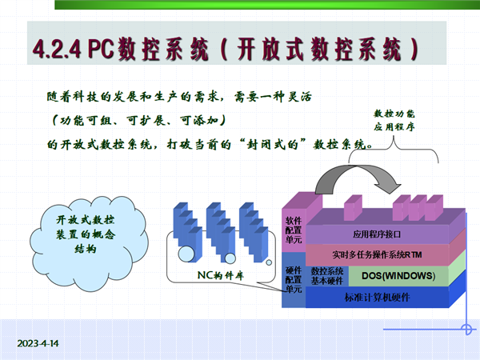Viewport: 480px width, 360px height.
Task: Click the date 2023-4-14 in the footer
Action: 38,343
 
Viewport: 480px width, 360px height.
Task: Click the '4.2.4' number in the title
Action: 57,49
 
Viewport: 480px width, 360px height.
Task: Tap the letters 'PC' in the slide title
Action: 101,48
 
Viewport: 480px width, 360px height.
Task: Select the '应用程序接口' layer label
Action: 377,234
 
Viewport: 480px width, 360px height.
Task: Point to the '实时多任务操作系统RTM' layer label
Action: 377,254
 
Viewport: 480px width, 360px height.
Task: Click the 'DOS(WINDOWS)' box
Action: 398,276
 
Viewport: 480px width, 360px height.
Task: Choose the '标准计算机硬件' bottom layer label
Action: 377,298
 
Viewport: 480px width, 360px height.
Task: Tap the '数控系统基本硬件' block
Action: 327,276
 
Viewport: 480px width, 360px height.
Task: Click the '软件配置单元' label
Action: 294,230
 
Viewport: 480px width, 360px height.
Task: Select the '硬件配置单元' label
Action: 294,279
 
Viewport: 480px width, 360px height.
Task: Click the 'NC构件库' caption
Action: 221,275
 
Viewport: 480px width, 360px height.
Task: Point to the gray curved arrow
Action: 358,176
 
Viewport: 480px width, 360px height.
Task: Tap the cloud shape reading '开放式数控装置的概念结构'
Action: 89,244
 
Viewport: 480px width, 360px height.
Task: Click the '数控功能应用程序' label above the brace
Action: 394,120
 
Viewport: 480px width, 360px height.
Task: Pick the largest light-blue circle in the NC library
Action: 186,254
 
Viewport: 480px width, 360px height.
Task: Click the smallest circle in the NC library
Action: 269,262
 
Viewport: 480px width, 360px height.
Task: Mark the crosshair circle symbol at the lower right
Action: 466,330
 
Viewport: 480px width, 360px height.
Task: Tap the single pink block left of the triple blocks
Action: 354,207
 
